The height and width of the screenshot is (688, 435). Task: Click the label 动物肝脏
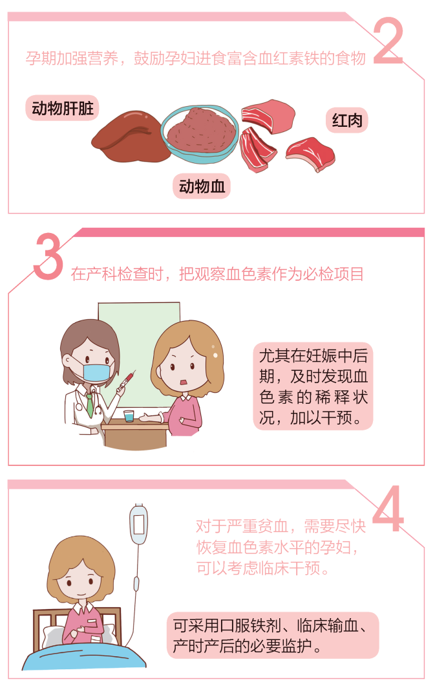coord(62,108)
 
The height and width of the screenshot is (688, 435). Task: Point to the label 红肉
coord(346,120)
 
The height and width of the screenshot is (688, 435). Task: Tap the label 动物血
coord(202,186)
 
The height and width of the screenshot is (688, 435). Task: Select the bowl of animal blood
coord(198,133)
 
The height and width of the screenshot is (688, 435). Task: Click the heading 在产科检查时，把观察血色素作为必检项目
coord(217,274)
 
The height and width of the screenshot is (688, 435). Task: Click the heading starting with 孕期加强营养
coord(195,58)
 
